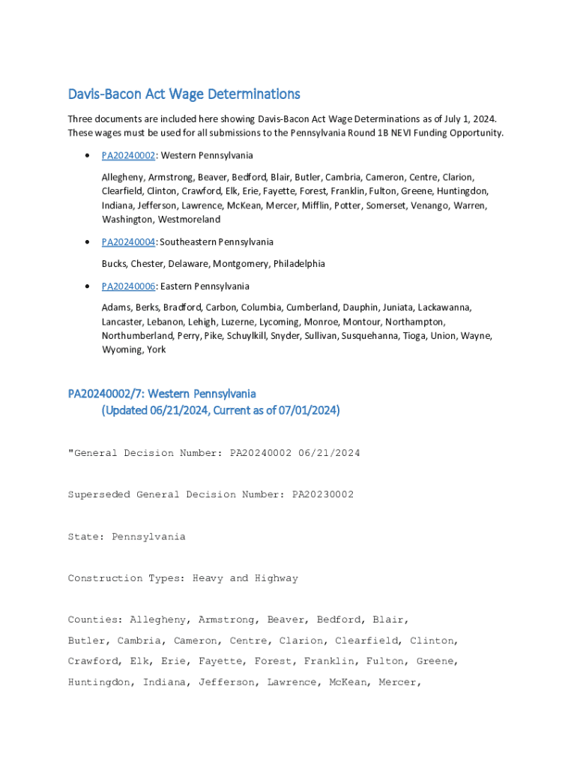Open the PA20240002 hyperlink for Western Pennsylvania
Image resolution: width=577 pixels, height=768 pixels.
coord(128,155)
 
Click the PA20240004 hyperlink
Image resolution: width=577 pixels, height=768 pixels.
coord(128,241)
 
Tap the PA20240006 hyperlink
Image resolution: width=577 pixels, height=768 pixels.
coord(128,286)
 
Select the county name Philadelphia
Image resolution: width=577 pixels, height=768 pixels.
coord(299,264)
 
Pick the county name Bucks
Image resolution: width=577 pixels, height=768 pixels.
coord(114,264)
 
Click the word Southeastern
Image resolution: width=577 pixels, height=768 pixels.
coord(190,241)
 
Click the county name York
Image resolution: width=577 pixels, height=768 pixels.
coord(156,350)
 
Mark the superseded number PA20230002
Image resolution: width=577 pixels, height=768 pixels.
coord(322,495)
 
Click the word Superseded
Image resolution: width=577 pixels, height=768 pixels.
coord(99,495)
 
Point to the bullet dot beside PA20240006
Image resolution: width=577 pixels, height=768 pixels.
coord(89,286)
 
